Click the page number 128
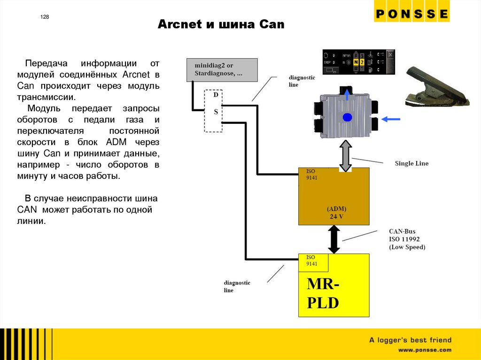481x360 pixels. (44, 17)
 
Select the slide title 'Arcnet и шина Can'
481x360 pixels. (221, 24)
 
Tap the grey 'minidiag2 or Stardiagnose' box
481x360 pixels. (222, 69)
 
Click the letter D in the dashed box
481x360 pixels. (216, 95)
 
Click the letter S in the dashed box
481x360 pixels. (216, 112)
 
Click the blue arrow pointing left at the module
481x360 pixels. (391, 120)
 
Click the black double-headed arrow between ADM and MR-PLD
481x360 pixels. (334, 239)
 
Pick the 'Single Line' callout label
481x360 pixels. (411, 163)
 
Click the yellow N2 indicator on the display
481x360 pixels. (359, 62)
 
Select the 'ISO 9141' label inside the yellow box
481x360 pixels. (311, 260)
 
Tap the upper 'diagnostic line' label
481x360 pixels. (302, 81)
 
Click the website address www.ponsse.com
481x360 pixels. (425, 350)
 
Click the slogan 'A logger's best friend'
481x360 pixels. (410, 340)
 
